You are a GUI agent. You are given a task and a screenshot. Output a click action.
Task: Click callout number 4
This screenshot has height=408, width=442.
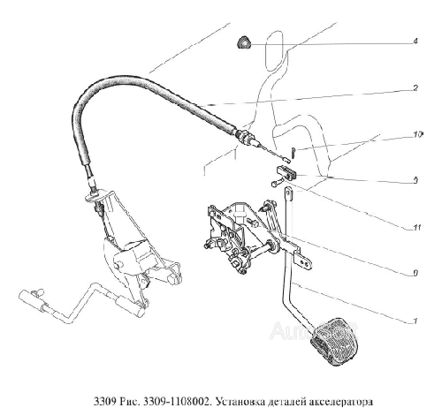coord(415,41)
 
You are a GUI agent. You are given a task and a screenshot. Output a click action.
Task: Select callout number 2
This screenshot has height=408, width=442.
coord(415,87)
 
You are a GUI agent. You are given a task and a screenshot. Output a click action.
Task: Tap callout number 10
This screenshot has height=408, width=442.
coord(417,134)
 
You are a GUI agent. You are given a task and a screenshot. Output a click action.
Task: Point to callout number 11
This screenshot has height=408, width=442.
coord(416,228)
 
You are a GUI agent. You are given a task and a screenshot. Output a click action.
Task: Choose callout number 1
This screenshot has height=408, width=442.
coord(415,321)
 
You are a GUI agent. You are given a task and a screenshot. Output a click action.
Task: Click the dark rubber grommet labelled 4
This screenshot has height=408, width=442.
coord(243,42)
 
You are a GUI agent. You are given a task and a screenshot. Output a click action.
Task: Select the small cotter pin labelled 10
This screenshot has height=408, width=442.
coord(293,153)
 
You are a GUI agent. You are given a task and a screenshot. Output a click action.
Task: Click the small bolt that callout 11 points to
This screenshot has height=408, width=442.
coord(278,183)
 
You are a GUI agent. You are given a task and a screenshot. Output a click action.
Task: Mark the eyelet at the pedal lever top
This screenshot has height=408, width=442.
coord(288,194)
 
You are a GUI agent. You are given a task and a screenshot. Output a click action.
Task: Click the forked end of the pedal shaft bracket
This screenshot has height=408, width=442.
coord(305,262)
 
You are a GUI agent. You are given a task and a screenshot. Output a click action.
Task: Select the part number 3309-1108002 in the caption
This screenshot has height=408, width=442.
coord(177,401)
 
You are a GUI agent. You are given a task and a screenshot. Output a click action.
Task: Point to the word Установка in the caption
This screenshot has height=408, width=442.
coord(240,401)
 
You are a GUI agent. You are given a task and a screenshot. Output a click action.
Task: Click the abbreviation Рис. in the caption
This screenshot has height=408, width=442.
coord(128,401)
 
